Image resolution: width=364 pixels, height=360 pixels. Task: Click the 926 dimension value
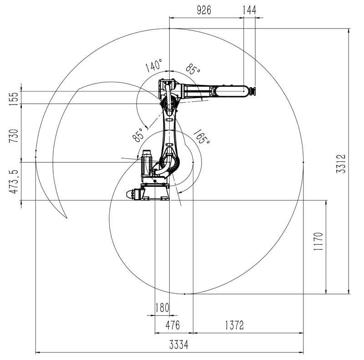204,10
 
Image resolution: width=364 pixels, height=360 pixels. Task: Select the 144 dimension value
249,10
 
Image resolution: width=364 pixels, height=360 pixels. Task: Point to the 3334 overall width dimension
179,345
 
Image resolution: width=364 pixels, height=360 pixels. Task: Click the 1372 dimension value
234,325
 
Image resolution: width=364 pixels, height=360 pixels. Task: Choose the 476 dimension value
173,325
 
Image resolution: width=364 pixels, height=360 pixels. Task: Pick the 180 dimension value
162,308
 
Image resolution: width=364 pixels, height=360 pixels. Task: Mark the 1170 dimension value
318,241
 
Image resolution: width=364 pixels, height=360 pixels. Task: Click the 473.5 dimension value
13,182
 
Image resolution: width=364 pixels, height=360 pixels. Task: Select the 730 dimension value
13,136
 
